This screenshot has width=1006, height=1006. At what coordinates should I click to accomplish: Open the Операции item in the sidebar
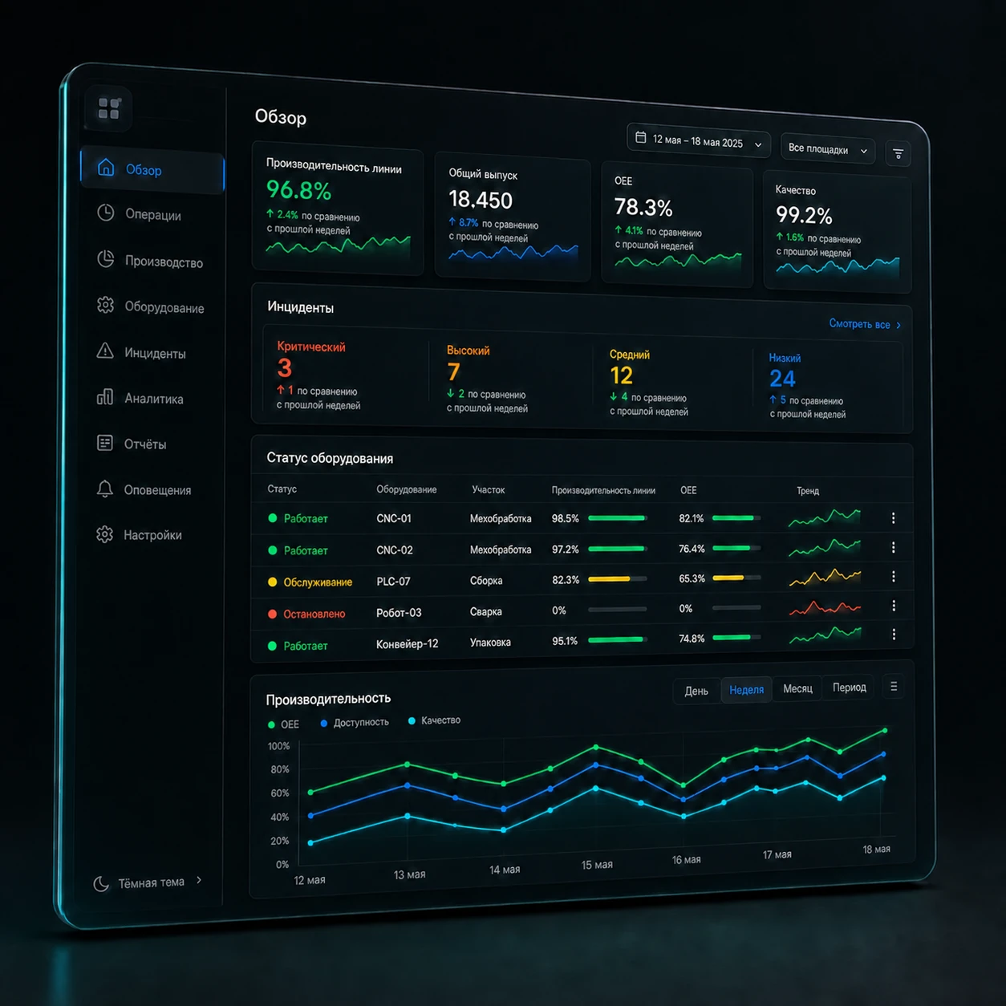coord(139,214)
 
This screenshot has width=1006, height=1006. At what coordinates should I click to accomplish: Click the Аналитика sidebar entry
coord(140,399)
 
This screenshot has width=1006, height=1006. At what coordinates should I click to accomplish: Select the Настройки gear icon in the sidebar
coord(105,534)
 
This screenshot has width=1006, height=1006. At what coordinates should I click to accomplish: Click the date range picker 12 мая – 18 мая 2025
coord(699,140)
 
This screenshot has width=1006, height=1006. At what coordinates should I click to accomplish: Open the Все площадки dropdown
coord(827,149)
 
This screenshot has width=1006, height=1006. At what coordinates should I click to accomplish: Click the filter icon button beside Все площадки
coord(898,154)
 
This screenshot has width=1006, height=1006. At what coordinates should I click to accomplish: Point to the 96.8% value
coord(298,190)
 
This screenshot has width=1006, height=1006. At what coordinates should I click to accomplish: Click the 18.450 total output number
coord(481,200)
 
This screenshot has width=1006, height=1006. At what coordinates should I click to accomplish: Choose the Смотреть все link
coord(865,324)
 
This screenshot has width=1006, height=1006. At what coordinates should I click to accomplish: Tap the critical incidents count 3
coord(285,368)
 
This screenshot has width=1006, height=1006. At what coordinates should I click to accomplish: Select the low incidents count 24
coord(782,379)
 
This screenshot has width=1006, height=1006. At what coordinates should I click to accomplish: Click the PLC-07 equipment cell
coord(393,581)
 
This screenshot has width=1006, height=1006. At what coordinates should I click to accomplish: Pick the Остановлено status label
coord(314,614)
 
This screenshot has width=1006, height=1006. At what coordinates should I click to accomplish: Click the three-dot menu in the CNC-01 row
coord(893,518)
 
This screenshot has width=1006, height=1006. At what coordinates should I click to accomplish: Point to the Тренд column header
coord(808,491)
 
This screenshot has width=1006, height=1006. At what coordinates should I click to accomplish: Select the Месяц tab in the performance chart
coord(797,688)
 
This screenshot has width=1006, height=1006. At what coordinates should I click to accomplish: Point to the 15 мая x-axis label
coord(597,865)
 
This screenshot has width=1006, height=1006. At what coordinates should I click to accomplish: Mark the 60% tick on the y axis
coord(279,793)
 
